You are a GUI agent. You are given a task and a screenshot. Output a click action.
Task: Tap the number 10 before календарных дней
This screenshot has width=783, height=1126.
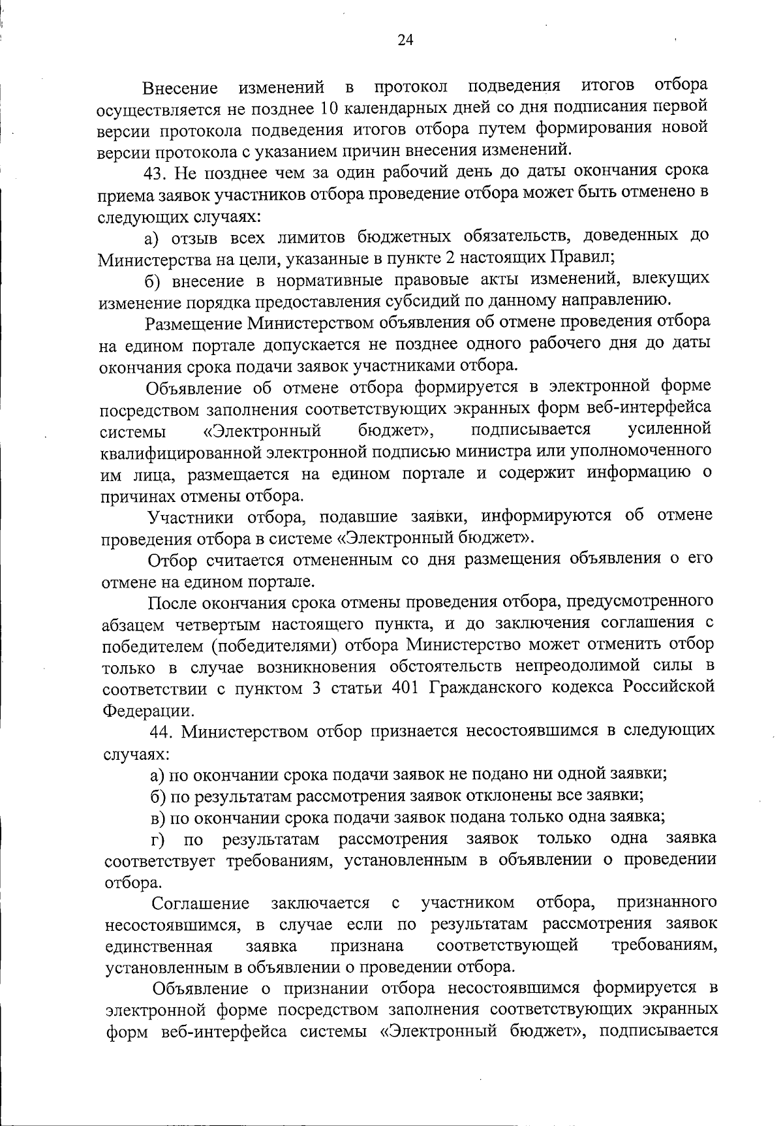[x=330, y=108]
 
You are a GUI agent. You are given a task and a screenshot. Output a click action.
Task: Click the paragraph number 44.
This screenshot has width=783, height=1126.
[x=162, y=732]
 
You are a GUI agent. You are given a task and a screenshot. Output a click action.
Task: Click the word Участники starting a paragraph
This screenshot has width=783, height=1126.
[x=191, y=516]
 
